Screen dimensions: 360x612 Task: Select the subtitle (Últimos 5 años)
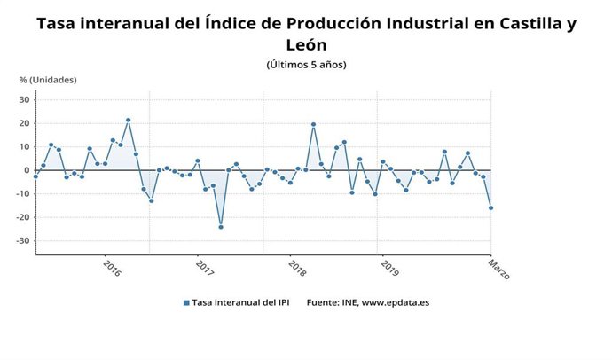[x=306, y=65]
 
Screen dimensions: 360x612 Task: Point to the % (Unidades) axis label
[x=48, y=80]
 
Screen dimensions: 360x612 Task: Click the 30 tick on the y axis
[x=25, y=99]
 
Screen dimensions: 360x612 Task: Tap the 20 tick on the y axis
[x=25, y=123]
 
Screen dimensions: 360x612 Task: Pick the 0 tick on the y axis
[x=27, y=170]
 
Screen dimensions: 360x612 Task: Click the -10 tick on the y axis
[x=24, y=194]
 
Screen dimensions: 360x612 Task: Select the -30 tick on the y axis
[x=24, y=241]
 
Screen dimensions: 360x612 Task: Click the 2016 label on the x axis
[x=112, y=267]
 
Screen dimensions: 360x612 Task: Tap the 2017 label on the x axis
[x=204, y=267]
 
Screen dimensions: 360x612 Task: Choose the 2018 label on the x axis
[x=295, y=267]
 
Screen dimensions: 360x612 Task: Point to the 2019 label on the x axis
[x=388, y=267]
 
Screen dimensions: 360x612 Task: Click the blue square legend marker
[x=186, y=303]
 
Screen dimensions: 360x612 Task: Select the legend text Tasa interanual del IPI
[x=240, y=303]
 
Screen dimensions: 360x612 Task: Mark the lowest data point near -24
[x=221, y=227]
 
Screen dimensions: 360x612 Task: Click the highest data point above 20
[x=129, y=120]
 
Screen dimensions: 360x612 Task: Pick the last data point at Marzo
[x=491, y=208]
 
